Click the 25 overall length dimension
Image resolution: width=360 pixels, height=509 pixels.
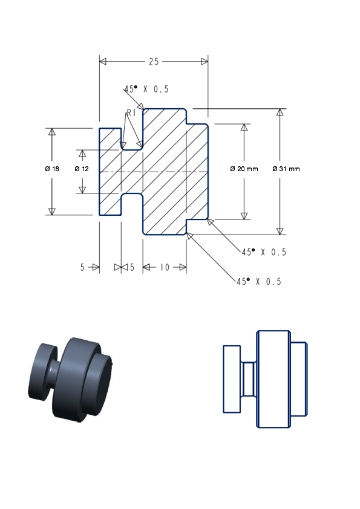pos(154,61)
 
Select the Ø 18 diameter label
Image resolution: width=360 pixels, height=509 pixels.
pos(52,169)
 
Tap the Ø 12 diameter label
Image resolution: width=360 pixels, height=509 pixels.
pos(82,169)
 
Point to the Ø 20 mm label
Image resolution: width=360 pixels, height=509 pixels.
pos(244,169)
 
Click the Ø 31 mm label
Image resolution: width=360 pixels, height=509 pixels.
pos(286,169)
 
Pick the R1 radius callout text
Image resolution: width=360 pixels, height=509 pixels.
pos(131,112)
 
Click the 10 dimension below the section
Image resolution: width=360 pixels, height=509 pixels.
pos(165,267)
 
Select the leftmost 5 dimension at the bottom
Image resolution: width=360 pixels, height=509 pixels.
pos(82,267)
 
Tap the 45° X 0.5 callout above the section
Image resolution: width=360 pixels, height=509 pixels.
pos(146,89)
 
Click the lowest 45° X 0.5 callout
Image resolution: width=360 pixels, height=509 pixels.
pos(259,282)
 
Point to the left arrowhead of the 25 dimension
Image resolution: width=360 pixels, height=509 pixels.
pos(103,61)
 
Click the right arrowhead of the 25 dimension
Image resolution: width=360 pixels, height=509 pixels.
pos(205,61)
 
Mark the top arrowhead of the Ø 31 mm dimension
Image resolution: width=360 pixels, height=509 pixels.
pos(280,112)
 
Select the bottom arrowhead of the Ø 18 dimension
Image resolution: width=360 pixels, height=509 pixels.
pos(52,212)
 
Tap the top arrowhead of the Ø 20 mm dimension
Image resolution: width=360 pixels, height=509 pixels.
pos(244,127)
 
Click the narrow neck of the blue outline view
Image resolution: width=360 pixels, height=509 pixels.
pos(249,379)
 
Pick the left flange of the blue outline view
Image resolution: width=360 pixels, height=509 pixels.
pos(232,379)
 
